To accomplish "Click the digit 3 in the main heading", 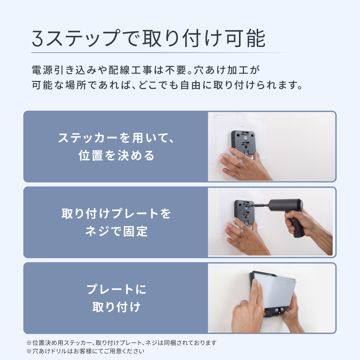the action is (38, 38).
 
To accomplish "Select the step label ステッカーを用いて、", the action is (116, 138).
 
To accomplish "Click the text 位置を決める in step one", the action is (116, 155).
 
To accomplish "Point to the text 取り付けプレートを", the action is (116, 214).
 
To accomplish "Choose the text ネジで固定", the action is (116, 231).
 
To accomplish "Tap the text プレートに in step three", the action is (116, 289).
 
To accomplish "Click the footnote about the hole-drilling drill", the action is (85, 351).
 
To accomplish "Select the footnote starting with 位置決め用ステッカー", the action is (121, 343).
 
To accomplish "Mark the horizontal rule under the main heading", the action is (163, 53).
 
